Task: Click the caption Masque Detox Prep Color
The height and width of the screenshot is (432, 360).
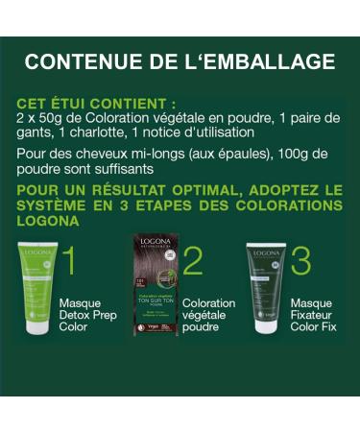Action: (81, 314)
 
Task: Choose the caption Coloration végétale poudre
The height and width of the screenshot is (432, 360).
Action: (208, 314)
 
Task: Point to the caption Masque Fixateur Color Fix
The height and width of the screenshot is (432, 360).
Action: (318, 314)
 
